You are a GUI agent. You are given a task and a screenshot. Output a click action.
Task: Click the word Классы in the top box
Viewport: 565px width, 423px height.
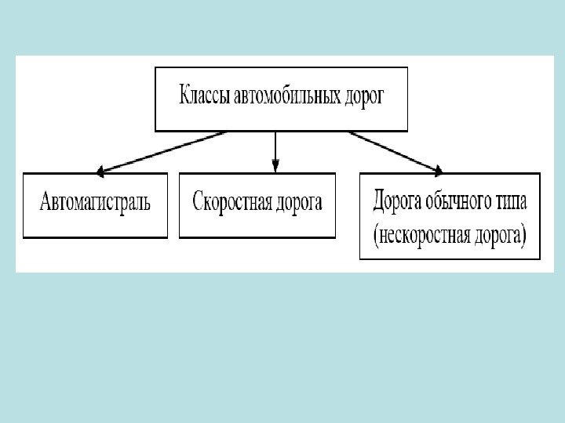coord(205,98)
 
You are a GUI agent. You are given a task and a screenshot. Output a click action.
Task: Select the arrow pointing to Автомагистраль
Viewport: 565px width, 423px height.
coord(161,151)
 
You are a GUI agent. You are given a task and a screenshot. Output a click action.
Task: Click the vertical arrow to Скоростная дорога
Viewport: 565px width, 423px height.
coord(275,149)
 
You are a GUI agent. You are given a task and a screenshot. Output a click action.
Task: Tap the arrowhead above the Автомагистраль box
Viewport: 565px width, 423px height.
coord(100,169)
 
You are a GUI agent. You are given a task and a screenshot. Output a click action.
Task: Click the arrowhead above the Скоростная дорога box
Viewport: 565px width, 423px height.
coord(275,166)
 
